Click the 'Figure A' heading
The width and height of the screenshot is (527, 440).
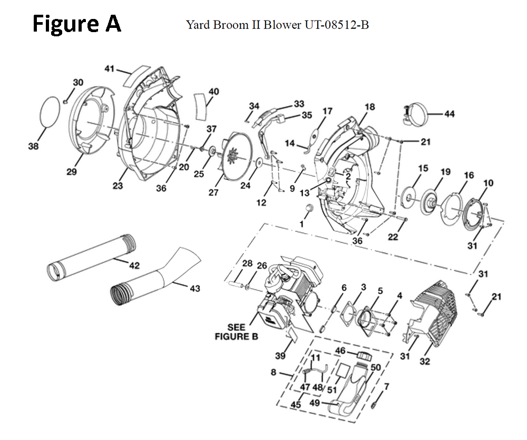coord(76,24)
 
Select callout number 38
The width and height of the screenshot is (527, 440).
coord(33,147)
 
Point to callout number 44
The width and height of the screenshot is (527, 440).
coord(450,114)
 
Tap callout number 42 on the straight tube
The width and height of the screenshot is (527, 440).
coord(134,266)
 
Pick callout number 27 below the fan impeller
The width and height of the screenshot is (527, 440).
coord(213,193)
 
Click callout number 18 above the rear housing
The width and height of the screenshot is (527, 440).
coord(369,107)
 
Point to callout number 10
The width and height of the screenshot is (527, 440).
coord(488,183)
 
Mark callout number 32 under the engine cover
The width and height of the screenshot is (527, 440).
coord(424,361)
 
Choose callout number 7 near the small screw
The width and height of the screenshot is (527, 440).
coord(386,386)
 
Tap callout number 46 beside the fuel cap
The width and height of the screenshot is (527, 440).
coord(340,350)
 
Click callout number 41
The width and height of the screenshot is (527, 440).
coord(109,68)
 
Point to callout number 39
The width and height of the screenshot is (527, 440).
coord(280,356)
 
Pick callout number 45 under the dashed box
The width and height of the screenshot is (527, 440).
coord(296,405)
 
